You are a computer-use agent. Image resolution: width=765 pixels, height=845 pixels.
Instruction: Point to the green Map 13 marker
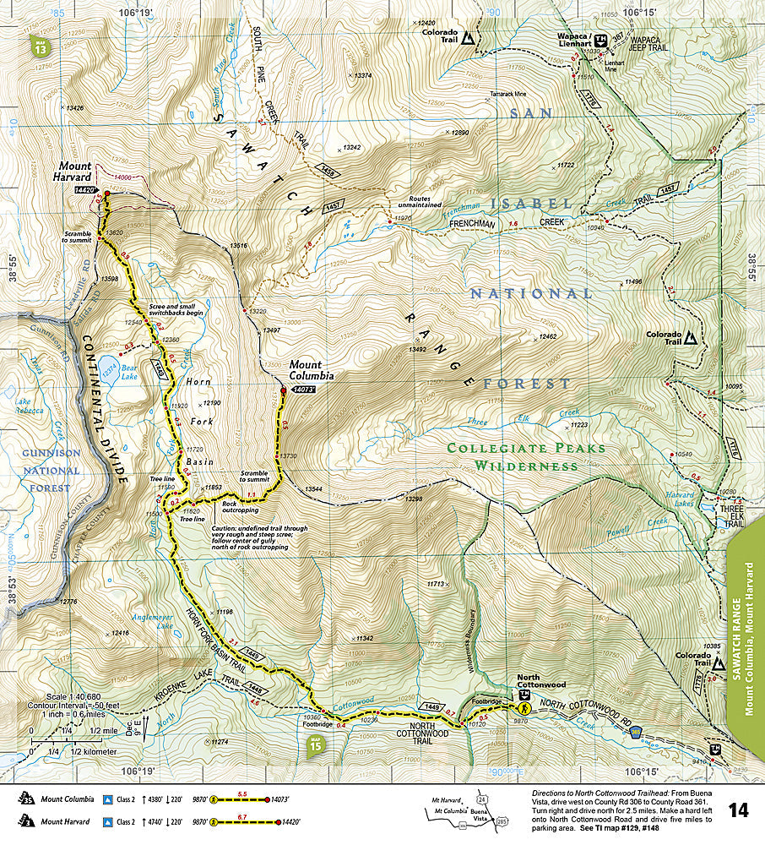[x=40, y=46]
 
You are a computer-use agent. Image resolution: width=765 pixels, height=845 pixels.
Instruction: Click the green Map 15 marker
[x=315, y=744]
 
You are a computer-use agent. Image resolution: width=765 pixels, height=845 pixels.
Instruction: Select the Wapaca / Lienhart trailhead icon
[x=600, y=40]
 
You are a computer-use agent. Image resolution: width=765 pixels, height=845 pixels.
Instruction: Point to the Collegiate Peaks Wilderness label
[x=526, y=457]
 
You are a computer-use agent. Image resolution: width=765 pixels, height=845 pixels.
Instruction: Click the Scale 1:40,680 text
[x=68, y=696]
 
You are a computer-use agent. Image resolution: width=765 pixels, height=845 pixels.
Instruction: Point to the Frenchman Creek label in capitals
[x=501, y=224]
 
